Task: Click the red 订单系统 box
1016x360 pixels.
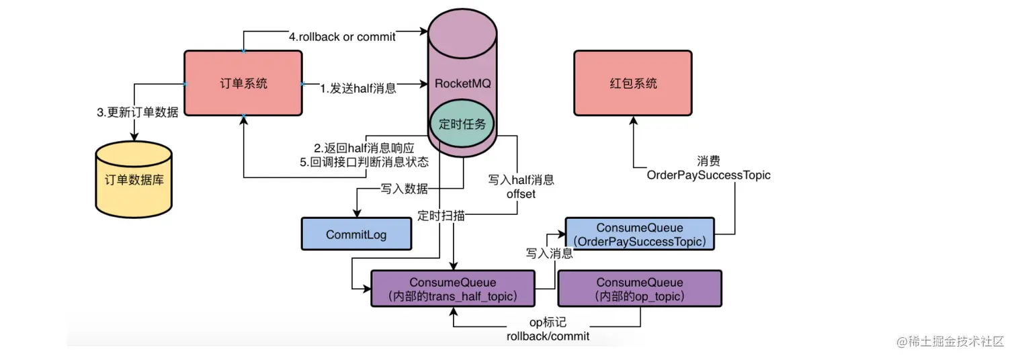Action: click(243, 83)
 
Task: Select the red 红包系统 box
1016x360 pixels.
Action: click(632, 83)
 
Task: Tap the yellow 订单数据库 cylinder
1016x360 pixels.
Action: click(134, 180)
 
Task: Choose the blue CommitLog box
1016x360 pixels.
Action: click(355, 234)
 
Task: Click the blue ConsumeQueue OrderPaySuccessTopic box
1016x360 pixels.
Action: click(640, 234)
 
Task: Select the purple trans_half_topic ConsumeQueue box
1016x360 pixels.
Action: click(453, 289)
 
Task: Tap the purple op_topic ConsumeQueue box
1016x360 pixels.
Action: click(640, 289)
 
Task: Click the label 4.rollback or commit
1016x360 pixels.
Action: click(342, 37)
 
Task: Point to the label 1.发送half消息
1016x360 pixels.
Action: click(357, 88)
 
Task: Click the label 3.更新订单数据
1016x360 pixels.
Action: click(138, 113)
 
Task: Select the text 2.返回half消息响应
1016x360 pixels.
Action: click(364, 148)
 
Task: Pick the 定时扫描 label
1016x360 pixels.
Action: click(440, 216)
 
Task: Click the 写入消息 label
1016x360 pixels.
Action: click(549, 253)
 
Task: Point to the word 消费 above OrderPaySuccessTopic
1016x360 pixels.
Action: click(710, 161)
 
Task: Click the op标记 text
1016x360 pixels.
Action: click(548, 322)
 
